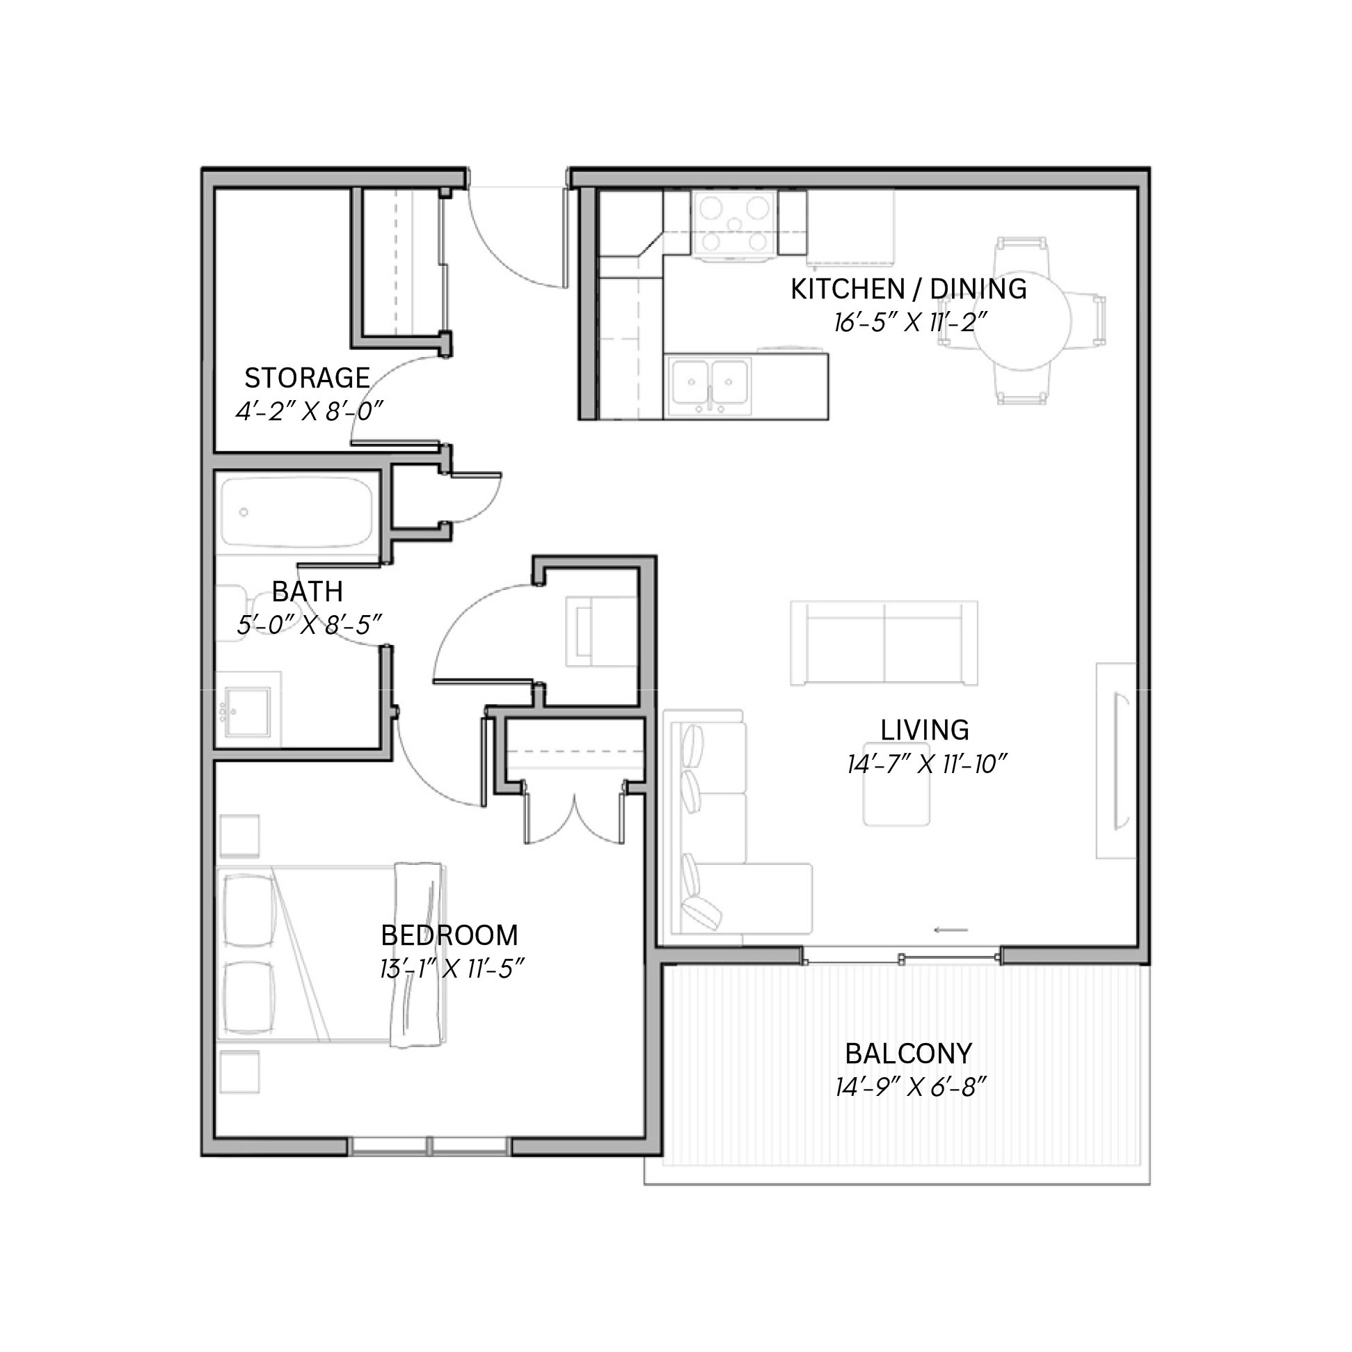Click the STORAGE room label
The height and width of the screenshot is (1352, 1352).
click(x=307, y=378)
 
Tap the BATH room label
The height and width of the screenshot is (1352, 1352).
click(x=307, y=592)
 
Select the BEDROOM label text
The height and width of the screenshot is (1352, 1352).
click(x=450, y=935)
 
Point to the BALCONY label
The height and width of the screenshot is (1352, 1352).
click(x=908, y=1053)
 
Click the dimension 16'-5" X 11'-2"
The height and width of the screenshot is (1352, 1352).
click(x=909, y=323)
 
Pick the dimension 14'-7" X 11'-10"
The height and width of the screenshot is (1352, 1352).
click(x=927, y=764)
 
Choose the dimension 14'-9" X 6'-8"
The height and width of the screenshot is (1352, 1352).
click(x=910, y=1088)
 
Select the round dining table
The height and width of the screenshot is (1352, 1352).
click(x=1022, y=321)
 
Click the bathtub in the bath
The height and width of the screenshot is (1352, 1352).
click(x=296, y=511)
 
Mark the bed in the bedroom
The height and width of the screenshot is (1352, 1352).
click(x=331, y=955)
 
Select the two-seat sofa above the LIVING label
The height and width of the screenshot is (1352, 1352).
click(x=884, y=642)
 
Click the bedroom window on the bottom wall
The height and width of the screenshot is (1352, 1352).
click(x=429, y=1145)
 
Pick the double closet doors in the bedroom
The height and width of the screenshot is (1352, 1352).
click(x=574, y=814)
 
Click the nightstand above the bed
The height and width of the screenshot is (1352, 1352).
click(x=240, y=836)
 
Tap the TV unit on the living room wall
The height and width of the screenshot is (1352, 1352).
click(x=1115, y=761)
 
